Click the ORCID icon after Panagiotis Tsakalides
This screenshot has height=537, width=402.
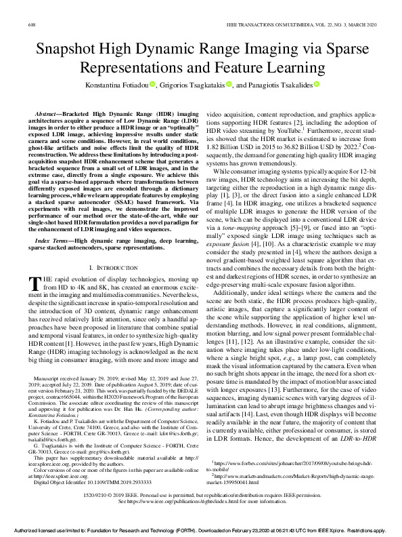[316, 85]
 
